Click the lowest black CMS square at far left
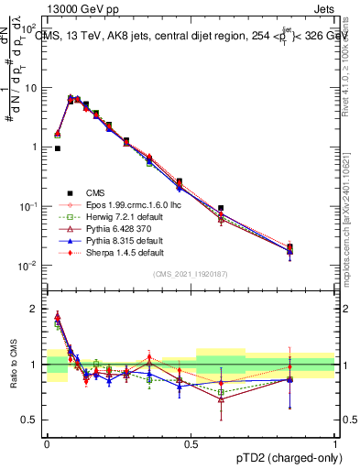[57, 148]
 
